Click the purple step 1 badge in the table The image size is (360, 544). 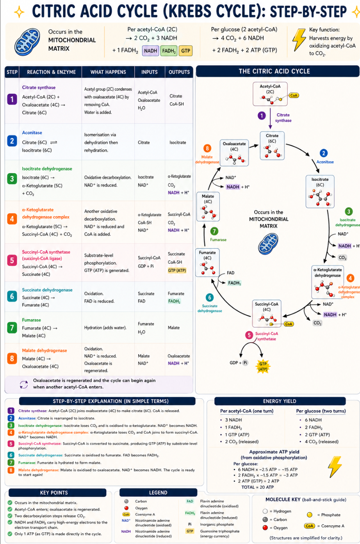[12, 99]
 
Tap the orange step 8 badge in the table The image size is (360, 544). [12, 359]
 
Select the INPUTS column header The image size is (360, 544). [150, 72]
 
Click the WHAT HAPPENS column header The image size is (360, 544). [108, 72]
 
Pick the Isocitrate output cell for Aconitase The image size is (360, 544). [178, 142]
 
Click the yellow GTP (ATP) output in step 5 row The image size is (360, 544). [177, 270]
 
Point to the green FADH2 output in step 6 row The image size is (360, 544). [174, 301]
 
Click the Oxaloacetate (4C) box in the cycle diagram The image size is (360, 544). [234, 153]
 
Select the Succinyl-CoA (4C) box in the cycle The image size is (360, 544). [266, 313]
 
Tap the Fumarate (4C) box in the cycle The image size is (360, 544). [207, 263]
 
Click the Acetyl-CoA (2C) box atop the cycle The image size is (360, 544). [270, 94]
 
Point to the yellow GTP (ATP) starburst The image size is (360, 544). [263, 366]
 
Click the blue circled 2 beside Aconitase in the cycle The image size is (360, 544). [323, 153]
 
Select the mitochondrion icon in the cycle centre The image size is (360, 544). [268, 244]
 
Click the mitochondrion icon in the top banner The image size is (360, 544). [27, 41]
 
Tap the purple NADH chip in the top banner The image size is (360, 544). [150, 51]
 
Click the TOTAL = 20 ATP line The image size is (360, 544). [257, 487]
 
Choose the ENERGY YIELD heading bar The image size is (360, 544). [280, 401]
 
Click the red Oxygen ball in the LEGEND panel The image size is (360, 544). [127, 508]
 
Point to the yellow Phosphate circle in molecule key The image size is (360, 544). [310, 515]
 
